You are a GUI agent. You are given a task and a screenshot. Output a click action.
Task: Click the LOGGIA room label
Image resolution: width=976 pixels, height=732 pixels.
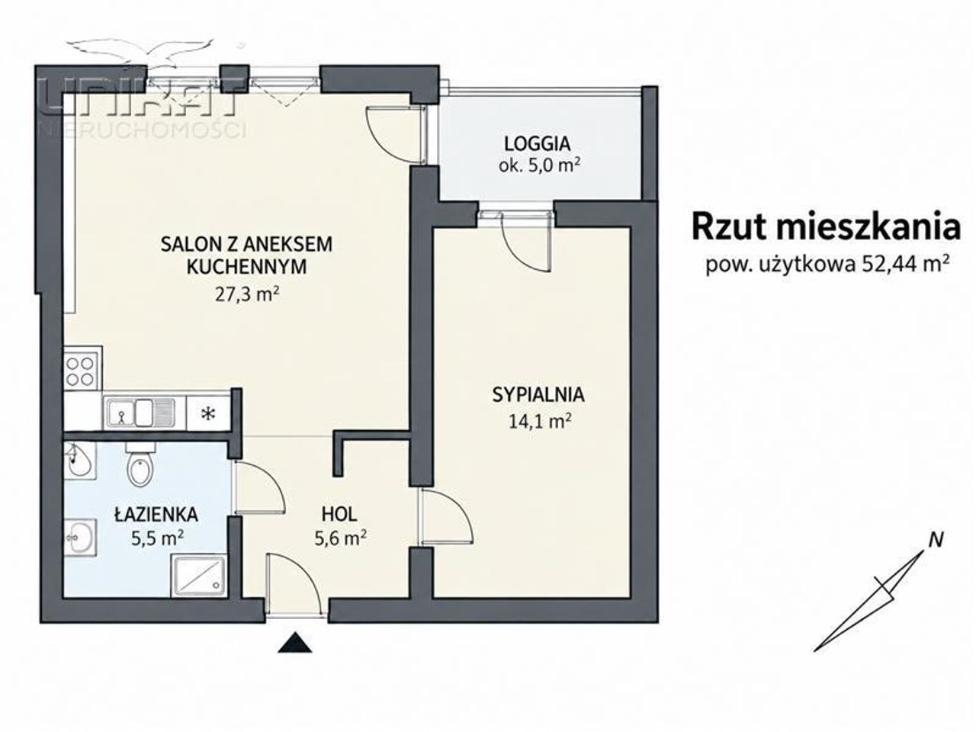tap(537, 144)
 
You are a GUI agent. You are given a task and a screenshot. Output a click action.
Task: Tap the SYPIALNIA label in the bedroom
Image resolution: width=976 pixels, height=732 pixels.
tap(538, 395)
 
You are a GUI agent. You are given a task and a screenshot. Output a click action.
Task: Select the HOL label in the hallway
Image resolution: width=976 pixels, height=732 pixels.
tap(339, 514)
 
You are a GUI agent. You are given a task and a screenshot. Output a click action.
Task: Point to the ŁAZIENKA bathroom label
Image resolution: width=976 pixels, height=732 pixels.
tap(156, 514)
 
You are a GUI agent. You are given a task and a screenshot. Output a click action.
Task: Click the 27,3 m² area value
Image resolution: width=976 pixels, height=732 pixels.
tap(247, 294)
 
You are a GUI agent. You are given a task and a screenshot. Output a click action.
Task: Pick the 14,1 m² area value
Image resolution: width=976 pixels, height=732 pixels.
tap(540, 422)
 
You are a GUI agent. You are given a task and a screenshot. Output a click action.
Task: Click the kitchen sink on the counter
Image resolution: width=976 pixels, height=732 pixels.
tap(140, 413)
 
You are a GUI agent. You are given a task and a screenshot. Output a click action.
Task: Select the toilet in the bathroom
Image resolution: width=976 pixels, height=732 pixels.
tap(140, 465)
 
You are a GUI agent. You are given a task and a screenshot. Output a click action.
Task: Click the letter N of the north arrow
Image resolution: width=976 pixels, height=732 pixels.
tap(936, 540)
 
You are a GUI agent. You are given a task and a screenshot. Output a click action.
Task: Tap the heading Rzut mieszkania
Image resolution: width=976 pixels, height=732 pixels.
tap(826, 227)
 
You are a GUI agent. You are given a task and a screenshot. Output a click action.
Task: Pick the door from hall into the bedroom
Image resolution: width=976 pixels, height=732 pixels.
tap(447, 517)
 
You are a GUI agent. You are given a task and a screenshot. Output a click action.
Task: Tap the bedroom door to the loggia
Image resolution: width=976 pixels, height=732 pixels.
tap(527, 242)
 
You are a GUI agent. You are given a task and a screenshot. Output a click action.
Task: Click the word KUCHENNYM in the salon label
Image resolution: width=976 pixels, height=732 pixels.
tap(247, 267)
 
